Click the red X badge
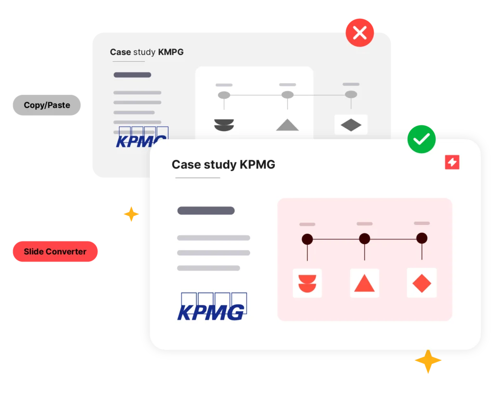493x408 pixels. [360, 33]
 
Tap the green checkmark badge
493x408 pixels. [421, 139]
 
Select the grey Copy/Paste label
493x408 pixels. [47, 105]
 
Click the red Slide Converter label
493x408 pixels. [55, 251]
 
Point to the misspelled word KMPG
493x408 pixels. [171, 52]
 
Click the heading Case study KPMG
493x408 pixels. [223, 165]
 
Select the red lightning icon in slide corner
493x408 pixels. [452, 163]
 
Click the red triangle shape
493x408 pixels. [364, 284]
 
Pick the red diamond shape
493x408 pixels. [422, 283]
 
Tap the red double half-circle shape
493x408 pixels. [307, 283]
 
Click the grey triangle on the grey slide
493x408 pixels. [287, 125]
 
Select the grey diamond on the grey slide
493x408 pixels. [351, 125]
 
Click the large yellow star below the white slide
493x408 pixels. [428, 362]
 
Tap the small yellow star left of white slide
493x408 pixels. [131, 213]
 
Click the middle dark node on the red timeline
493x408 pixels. [364, 238]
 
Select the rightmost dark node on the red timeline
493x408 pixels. [422, 238]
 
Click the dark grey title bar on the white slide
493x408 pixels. [206, 211]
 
